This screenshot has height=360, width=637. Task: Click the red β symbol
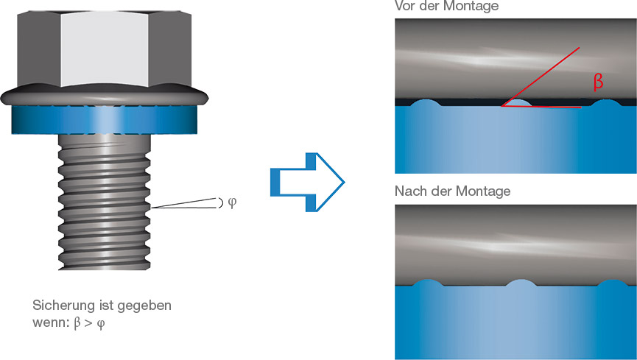pyautogui.click(x=598, y=82)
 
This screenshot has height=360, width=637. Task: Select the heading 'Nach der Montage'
pyautogui.click(x=452, y=191)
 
